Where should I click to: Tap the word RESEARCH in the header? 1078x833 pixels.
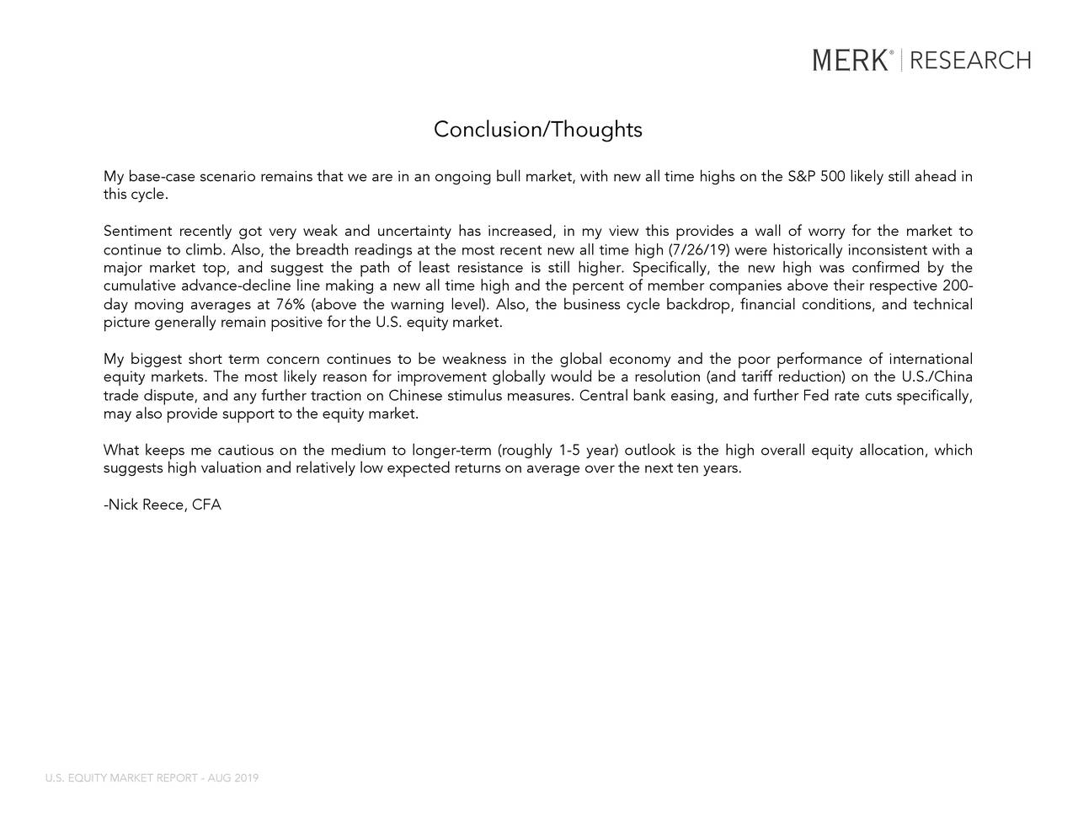pyautogui.click(x=970, y=61)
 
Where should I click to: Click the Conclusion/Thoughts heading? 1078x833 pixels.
pyautogui.click(x=537, y=130)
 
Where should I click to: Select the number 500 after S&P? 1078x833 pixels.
pyautogui.click(x=834, y=177)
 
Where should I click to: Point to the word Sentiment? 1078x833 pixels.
pyautogui.click(x=137, y=232)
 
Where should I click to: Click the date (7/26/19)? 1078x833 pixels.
pyautogui.click(x=698, y=250)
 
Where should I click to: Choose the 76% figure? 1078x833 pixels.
pyautogui.click(x=291, y=305)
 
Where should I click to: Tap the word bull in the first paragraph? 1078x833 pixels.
pyautogui.click(x=509, y=177)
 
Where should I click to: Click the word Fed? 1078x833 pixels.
pyautogui.click(x=817, y=396)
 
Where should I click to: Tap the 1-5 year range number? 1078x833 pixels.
pyautogui.click(x=568, y=451)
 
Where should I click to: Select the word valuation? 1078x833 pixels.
pyautogui.click(x=230, y=468)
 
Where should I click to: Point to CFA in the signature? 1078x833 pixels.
pyautogui.click(x=206, y=505)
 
